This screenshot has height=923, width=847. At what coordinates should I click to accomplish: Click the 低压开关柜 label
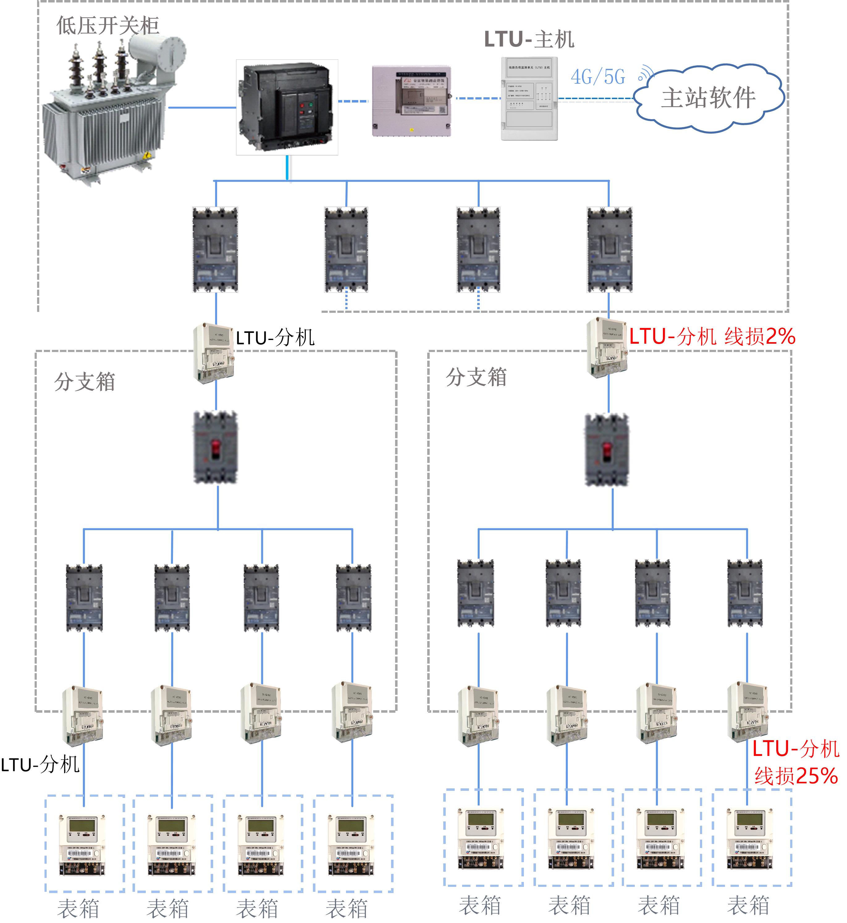[x=108, y=26]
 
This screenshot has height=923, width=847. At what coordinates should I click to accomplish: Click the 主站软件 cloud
[x=708, y=98]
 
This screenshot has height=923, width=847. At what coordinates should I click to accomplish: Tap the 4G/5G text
[x=598, y=77]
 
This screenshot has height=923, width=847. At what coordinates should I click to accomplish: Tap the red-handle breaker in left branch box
[x=215, y=447]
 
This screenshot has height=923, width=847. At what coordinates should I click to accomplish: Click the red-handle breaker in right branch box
[x=607, y=450]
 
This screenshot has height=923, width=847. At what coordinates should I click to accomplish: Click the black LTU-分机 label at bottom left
[x=40, y=765]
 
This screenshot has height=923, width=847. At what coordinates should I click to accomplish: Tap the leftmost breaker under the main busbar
[x=215, y=250]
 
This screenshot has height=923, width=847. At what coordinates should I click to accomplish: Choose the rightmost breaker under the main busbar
[x=609, y=250]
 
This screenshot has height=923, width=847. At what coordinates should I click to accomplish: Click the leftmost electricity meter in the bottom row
[x=82, y=844]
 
